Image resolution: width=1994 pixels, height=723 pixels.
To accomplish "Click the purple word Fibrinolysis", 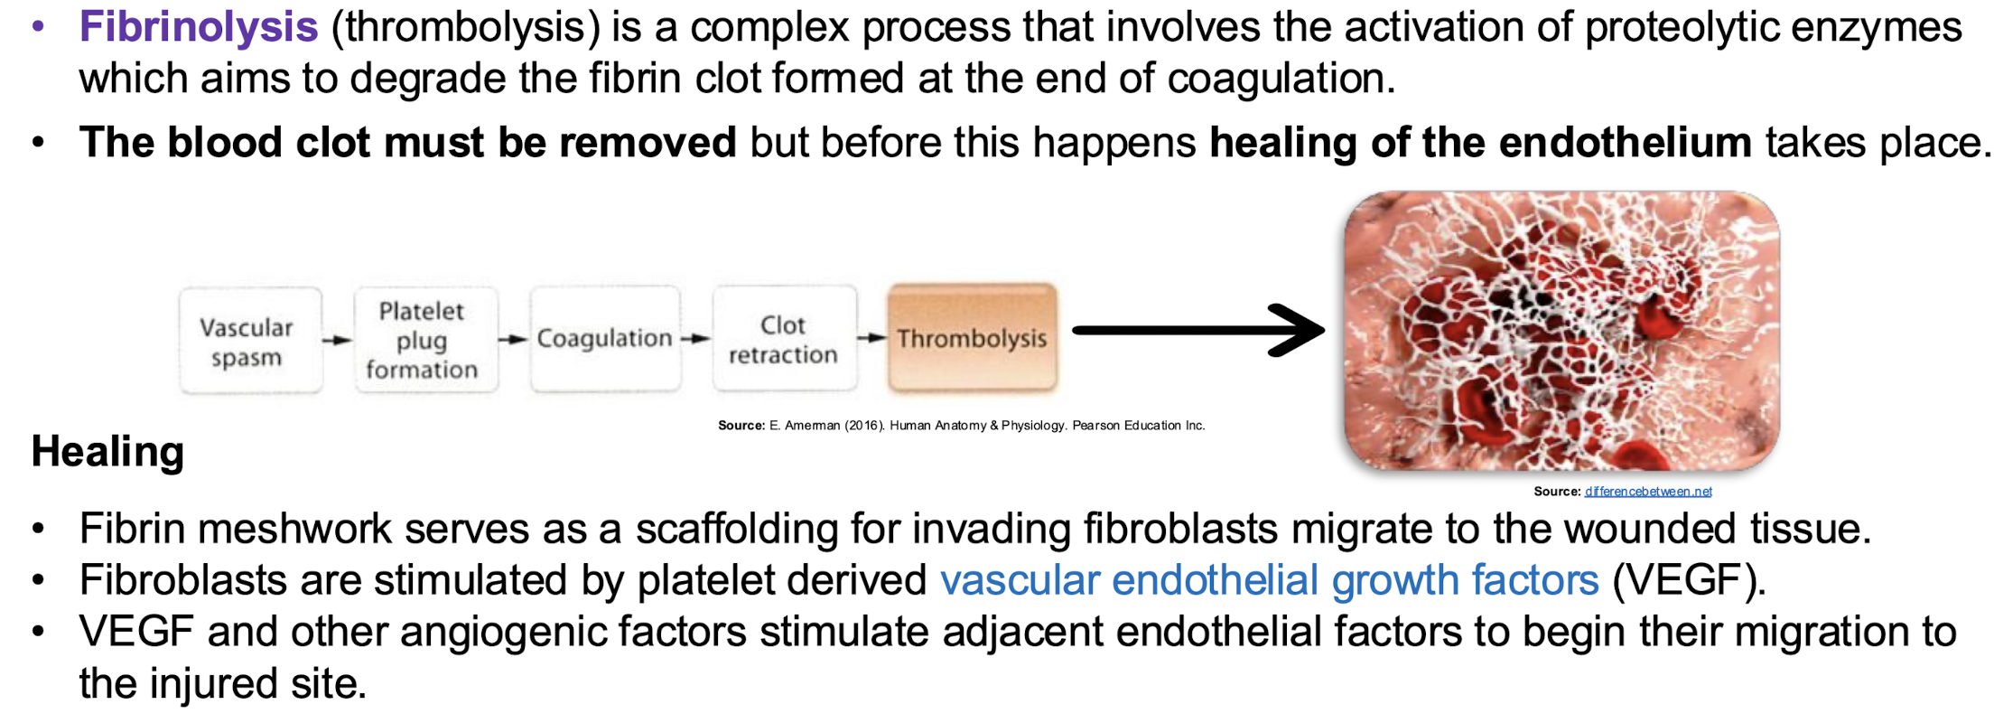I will click(198, 27).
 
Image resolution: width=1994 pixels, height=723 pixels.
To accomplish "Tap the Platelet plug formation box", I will click(423, 340).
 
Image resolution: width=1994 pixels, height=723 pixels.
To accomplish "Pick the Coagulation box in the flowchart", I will click(604, 339).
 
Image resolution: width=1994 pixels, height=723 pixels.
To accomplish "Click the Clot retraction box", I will click(783, 339).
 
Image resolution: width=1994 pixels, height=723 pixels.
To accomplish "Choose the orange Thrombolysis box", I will click(972, 339).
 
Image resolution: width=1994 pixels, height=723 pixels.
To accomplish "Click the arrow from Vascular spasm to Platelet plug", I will click(337, 341).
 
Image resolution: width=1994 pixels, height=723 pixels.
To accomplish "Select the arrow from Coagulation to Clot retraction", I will click(695, 339).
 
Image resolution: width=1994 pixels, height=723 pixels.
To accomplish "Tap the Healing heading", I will click(107, 451).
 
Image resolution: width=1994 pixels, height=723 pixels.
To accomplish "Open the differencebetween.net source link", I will click(1648, 492).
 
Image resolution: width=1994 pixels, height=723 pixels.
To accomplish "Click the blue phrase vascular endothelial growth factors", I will click(1269, 580).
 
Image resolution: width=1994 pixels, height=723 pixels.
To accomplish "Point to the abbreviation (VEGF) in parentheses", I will click(1688, 580).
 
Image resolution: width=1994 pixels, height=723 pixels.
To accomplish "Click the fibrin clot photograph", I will click(1561, 331).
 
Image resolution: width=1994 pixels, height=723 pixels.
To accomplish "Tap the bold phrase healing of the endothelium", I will click(1480, 143).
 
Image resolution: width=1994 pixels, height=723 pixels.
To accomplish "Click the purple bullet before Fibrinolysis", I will click(38, 27).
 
